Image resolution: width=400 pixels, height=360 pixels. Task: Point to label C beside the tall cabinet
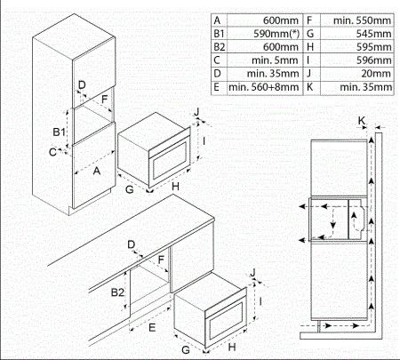tap(53, 152)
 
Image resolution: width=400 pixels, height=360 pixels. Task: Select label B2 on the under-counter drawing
tap(118, 291)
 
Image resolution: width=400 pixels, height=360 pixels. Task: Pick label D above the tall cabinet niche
tap(82, 85)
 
